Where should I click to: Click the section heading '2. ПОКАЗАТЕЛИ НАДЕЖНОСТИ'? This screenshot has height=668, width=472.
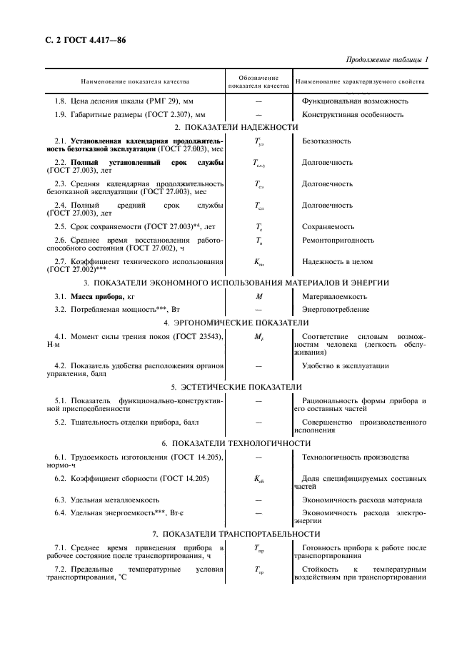236,127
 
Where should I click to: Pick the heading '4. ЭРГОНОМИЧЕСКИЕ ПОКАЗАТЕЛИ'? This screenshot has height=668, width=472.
236,322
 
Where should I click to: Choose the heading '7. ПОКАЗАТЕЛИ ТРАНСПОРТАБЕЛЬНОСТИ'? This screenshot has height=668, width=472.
236,534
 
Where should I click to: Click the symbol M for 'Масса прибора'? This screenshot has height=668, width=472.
258,296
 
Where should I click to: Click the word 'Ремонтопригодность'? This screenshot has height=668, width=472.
338,241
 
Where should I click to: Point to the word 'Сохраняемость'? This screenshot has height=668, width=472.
328,226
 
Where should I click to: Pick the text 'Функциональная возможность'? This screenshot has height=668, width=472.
355,101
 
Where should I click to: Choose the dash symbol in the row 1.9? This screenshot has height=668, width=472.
258,114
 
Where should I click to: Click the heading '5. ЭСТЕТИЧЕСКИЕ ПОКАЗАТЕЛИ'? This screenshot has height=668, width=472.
236,387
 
